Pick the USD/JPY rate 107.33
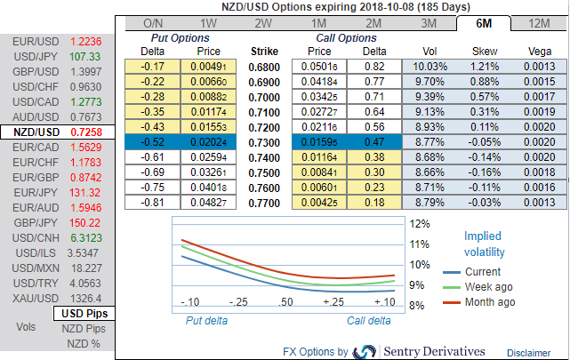(x=86, y=56)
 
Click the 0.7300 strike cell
(x=264, y=140)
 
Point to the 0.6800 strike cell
(x=264, y=67)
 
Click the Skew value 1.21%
(x=485, y=67)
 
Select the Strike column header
(x=264, y=52)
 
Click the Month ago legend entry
(x=488, y=302)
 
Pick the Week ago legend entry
(x=487, y=286)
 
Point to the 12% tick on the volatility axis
(x=419, y=223)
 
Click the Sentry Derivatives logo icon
(x=365, y=351)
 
